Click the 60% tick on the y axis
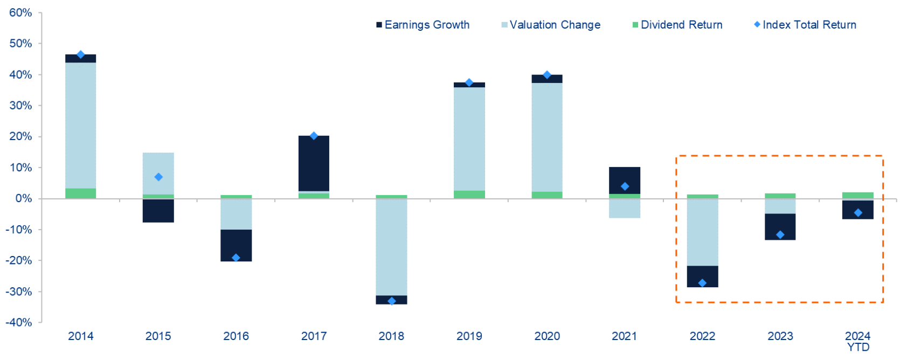point(20,12)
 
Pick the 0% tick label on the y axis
point(24,199)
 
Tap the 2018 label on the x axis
point(391,336)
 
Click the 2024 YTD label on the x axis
point(858,341)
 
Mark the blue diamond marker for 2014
point(81,54)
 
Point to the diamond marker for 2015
point(158,177)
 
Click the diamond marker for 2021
point(625,186)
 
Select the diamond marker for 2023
point(780,234)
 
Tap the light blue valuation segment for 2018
point(391,247)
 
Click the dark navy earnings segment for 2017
point(314,163)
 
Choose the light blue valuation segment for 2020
point(547,137)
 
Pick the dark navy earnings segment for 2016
point(236,245)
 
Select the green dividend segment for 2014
point(81,193)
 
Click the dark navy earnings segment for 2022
point(702,276)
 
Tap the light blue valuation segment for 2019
point(469,139)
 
